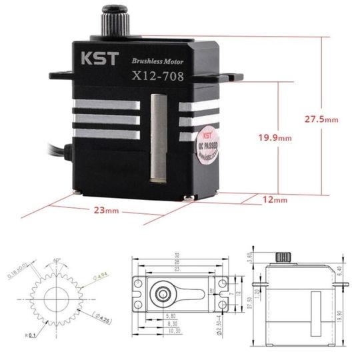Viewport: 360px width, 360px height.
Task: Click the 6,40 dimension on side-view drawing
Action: [x=339, y=271]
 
